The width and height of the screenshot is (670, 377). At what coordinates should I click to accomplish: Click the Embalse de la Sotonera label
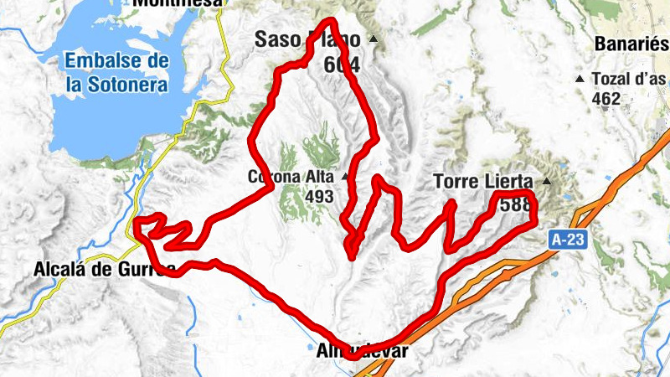click(116, 72)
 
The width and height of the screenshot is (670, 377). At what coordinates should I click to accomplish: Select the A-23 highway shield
click(569, 239)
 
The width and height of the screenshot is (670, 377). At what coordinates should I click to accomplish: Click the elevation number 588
click(514, 203)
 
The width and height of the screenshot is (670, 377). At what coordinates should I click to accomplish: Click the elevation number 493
click(320, 197)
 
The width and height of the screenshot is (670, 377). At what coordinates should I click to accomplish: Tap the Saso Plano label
click(307, 40)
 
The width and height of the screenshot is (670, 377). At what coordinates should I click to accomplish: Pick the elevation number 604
click(342, 64)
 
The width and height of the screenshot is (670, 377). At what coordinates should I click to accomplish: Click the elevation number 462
click(605, 98)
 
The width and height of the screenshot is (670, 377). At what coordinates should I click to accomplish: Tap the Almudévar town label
click(366, 351)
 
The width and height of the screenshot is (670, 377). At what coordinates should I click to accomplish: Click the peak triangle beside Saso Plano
click(374, 40)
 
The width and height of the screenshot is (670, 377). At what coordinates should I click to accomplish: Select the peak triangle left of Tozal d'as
click(580, 79)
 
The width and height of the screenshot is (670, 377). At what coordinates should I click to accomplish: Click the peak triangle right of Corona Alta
click(344, 177)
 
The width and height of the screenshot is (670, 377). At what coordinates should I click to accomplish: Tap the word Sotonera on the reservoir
click(131, 84)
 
